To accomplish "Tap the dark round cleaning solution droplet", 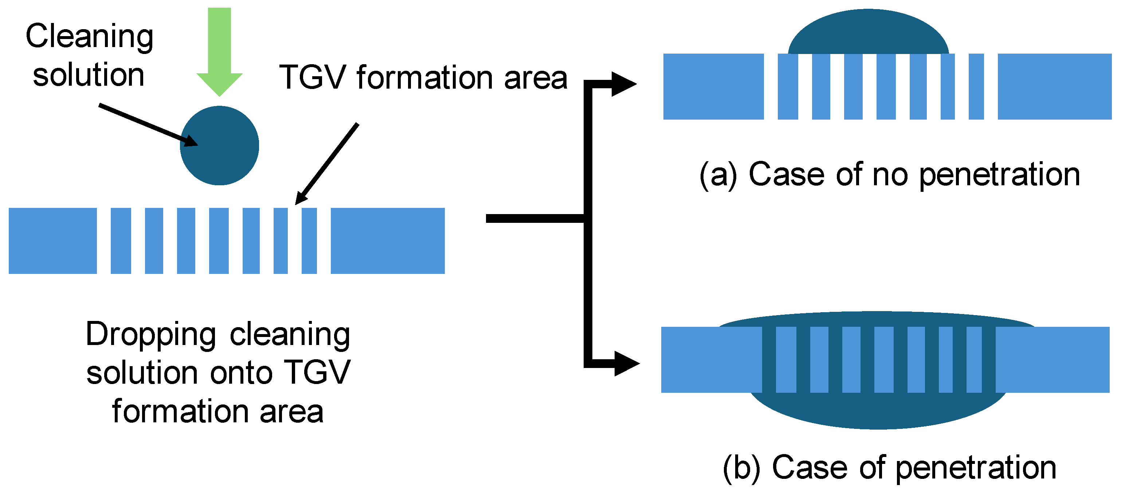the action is point(219,146).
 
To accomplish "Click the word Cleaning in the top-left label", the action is point(90,37).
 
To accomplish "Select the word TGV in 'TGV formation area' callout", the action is point(312,78).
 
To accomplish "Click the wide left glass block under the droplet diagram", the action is point(53,241).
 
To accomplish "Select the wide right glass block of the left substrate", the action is point(388,241).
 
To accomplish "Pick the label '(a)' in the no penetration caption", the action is point(718,175).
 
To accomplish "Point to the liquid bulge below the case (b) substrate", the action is point(878,411).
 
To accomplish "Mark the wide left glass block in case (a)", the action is point(714,87).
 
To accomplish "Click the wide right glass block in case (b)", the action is point(1053,360).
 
